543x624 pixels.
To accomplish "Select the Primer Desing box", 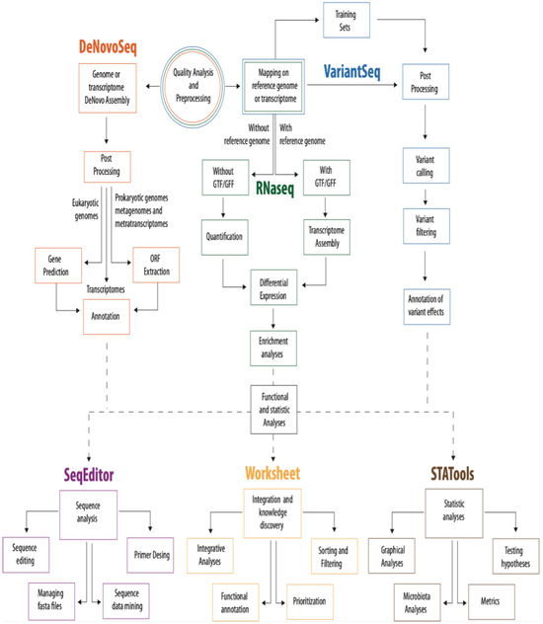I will tap(150, 554).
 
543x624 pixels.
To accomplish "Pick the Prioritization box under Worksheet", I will tap(308, 598).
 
